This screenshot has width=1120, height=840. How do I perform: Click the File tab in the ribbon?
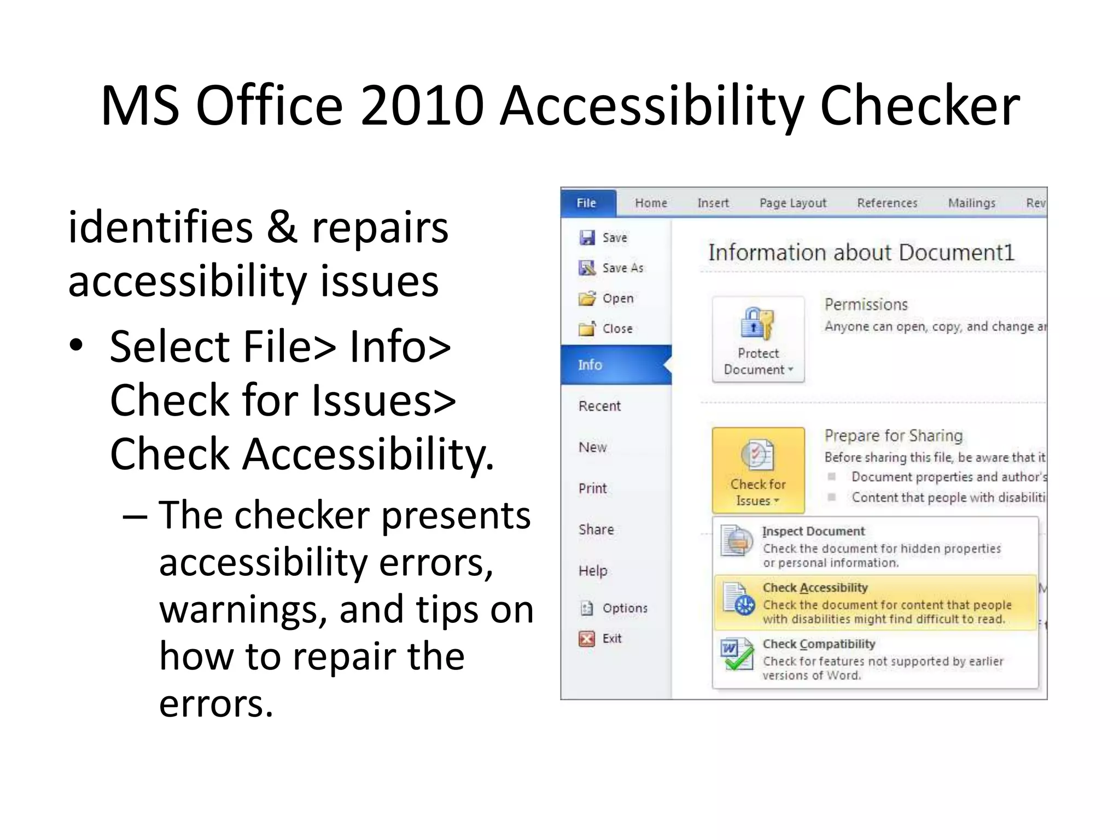coord(587,203)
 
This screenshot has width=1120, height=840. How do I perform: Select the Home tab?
coord(651,203)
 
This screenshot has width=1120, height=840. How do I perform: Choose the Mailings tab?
coord(971,203)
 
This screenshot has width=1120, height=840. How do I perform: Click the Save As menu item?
coord(622,268)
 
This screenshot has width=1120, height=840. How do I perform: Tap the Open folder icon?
coord(587,299)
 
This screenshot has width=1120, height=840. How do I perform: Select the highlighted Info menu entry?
coord(591,365)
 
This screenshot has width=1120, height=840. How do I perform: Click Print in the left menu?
coord(593,488)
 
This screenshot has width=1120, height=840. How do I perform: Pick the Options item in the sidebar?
coord(625,608)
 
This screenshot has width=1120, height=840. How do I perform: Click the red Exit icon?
coord(587,639)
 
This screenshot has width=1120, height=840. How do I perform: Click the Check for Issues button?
coord(758,470)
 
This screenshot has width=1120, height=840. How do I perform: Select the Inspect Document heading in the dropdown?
coord(813,531)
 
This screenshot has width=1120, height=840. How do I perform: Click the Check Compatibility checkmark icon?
coord(737,655)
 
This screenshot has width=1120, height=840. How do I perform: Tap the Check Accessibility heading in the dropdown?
coord(815,588)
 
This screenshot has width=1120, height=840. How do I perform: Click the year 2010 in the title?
coord(422,105)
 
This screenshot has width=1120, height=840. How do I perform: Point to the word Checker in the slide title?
coord(920,105)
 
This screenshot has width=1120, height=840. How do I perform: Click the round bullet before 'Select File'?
coord(76,345)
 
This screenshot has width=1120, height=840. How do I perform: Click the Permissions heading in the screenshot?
coord(866,305)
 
